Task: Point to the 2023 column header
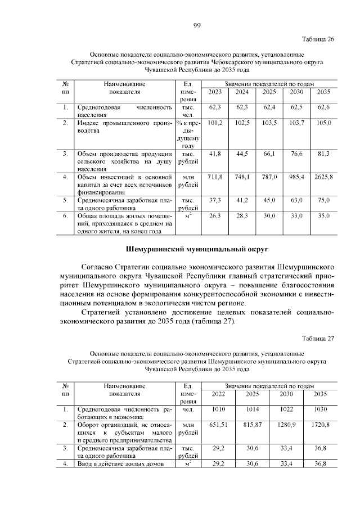[x=215, y=92]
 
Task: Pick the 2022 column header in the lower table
[x=218, y=394]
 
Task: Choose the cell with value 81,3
[x=323, y=153]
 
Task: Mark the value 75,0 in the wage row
[x=323, y=200]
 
